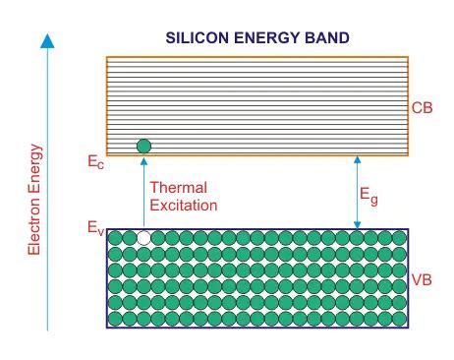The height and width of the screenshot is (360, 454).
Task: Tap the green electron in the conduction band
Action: click(x=144, y=147)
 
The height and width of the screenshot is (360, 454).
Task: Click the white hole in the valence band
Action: click(x=144, y=238)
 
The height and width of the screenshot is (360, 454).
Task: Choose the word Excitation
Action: click(x=183, y=206)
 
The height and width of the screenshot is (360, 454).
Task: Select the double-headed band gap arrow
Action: click(x=358, y=192)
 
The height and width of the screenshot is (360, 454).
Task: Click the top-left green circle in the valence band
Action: click(x=114, y=238)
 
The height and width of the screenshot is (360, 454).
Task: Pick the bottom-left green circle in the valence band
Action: click(x=114, y=318)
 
